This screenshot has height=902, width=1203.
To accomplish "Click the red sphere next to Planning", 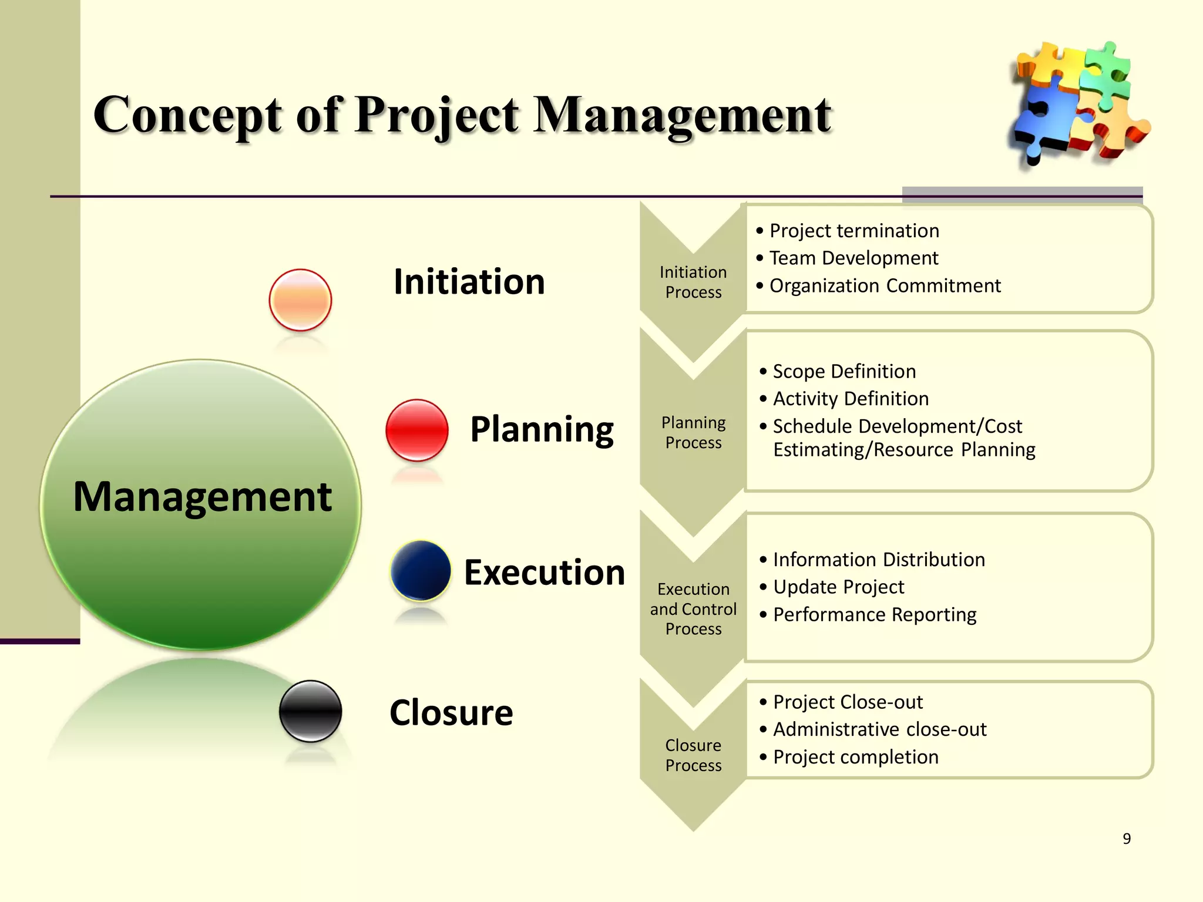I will pyautogui.click(x=417, y=430).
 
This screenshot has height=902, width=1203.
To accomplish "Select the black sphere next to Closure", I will pyautogui.click(x=310, y=711).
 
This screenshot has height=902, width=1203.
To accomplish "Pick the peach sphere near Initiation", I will pyautogui.click(x=300, y=300).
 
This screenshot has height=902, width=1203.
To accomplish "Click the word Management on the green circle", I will pyautogui.click(x=202, y=497).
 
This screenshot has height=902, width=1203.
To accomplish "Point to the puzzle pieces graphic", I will pyautogui.click(x=1078, y=103).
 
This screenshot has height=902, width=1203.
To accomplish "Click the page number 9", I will pyautogui.click(x=1126, y=839).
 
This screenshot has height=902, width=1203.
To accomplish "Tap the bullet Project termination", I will pyautogui.click(x=853, y=231).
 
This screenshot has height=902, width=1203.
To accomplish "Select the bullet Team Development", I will pyautogui.click(x=853, y=258).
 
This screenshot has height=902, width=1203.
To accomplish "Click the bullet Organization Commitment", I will pyautogui.click(x=884, y=285).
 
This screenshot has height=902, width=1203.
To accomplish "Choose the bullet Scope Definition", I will pyautogui.click(x=844, y=371).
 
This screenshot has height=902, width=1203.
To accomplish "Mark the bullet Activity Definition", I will pyautogui.click(x=850, y=399).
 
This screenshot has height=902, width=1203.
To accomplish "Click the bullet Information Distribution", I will pyautogui.click(x=878, y=560).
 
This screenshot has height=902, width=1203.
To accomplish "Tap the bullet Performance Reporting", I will pyautogui.click(x=874, y=614).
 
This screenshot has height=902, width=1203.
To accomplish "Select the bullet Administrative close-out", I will pyautogui.click(x=879, y=729).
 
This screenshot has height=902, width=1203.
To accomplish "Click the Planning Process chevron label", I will pyautogui.click(x=693, y=432).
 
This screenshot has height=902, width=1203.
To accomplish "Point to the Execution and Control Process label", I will pyautogui.click(x=693, y=608).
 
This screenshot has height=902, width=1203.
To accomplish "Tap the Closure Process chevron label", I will pyautogui.click(x=693, y=755).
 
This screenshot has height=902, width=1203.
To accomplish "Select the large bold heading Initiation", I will pyautogui.click(x=469, y=282).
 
